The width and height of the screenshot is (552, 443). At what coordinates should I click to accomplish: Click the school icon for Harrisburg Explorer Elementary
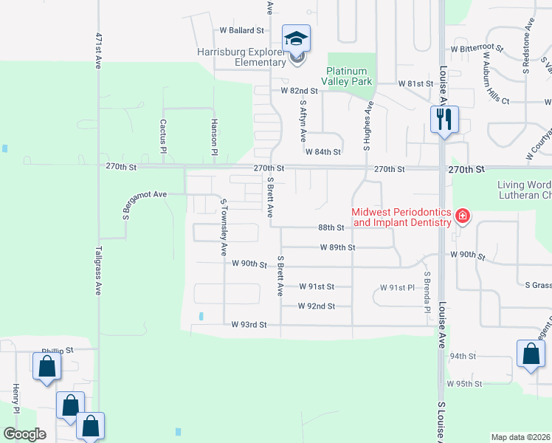click(297, 39)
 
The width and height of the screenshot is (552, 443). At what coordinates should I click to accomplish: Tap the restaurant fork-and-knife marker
click(444, 119)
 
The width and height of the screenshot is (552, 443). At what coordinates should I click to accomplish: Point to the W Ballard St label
click(242, 30)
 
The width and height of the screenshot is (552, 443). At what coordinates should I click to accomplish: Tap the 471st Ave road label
click(98, 50)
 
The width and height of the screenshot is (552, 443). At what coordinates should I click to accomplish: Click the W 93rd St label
click(249, 324)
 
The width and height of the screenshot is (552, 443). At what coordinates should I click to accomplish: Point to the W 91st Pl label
click(397, 287)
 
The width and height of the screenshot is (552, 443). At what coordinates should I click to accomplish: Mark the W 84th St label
click(322, 152)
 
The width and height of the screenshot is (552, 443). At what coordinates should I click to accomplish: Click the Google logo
click(24, 434)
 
